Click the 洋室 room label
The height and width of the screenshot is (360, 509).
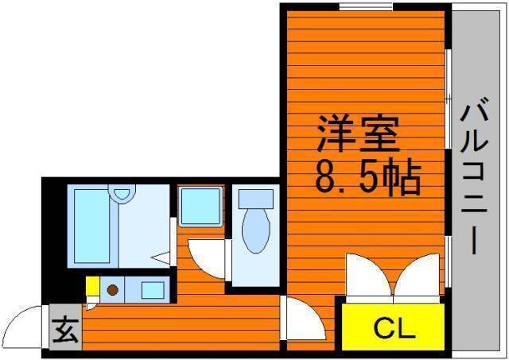tap(358, 134)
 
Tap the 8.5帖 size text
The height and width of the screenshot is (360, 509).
tap(368, 177)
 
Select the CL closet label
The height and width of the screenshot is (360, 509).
tap(394, 327)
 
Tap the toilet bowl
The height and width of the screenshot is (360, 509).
tap(256, 230)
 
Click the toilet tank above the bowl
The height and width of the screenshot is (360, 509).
tap(256, 199)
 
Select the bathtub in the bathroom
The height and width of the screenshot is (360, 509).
tap(92, 226)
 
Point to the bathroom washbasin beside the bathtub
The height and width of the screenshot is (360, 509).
tap(122, 194)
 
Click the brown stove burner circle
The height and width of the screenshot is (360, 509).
tap(112, 289)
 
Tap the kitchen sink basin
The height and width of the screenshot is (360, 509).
tap(153, 290)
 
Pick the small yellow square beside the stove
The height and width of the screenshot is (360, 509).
tap(93, 286)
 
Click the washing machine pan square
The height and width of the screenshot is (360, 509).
tap(200, 207)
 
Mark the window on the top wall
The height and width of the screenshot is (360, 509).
tap(366, 6)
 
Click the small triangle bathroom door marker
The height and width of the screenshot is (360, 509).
tap(161, 257)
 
